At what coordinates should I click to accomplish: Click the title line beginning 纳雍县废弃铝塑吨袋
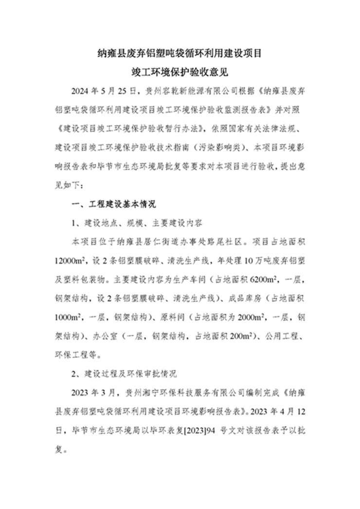(x=180, y=52)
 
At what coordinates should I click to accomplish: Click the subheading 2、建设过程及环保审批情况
(x=124, y=374)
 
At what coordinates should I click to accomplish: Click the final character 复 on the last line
(x=60, y=450)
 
